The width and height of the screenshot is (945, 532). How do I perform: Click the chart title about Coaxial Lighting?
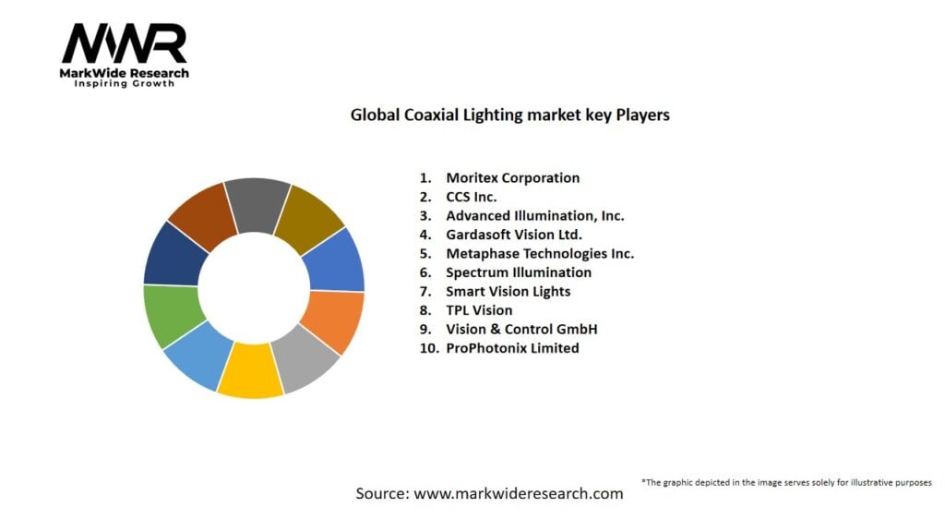[x=509, y=115]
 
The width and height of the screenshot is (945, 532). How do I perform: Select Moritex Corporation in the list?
[x=512, y=177]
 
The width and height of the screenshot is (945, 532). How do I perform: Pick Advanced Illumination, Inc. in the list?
[x=534, y=215]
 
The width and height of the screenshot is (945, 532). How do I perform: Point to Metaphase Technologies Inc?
[x=540, y=253]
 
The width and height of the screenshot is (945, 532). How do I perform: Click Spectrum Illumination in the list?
[x=518, y=272]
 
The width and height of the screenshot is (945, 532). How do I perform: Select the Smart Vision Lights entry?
[x=508, y=291]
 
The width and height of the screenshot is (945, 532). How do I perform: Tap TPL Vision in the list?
[x=479, y=310]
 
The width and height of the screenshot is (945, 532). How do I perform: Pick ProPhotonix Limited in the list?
[x=512, y=348]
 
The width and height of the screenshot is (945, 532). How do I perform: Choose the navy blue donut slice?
[x=171, y=254]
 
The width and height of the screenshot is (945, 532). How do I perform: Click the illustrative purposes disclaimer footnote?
[x=785, y=482]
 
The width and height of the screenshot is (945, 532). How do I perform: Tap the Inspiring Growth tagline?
[x=125, y=84]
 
